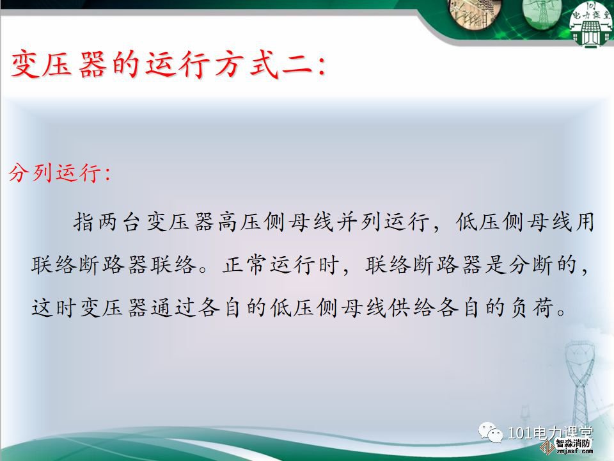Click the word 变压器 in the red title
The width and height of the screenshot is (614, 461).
point(58,64)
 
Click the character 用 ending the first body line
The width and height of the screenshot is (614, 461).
point(585,222)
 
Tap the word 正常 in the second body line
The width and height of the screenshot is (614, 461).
point(246,264)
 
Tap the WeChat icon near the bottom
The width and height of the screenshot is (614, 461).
point(491,432)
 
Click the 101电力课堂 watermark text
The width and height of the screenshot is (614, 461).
point(550,433)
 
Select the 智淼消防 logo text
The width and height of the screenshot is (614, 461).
point(572,443)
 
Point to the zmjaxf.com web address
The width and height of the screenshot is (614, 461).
point(574,451)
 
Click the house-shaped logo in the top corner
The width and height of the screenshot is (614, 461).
point(591,23)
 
